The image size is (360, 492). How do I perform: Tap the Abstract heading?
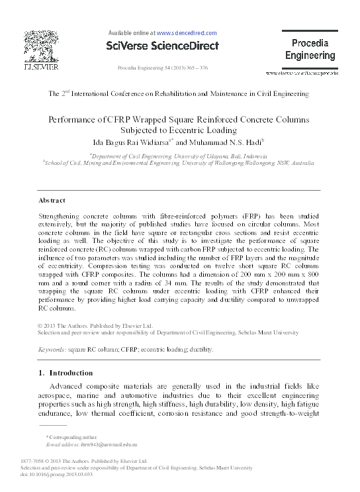52,200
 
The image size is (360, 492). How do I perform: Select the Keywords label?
51,348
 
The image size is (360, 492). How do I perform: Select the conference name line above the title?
179,94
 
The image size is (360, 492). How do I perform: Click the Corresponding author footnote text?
73,438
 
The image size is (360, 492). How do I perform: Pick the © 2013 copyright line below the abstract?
96,326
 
